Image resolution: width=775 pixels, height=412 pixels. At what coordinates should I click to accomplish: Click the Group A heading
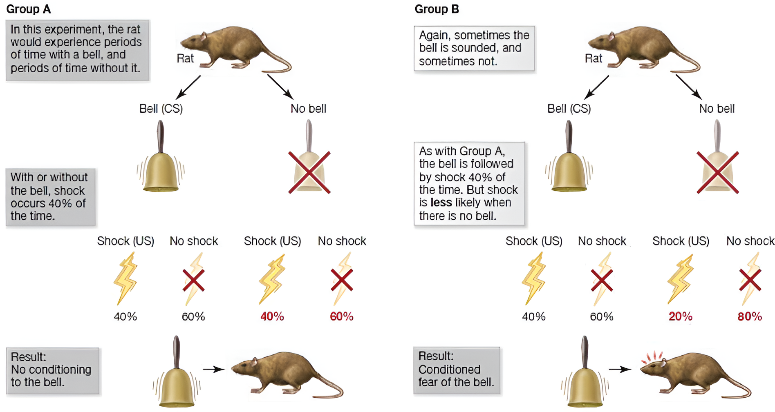coord(28,9)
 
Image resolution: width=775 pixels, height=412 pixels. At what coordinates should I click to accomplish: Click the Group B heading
coord(436,9)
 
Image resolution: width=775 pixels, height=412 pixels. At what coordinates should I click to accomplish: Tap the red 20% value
coord(680,316)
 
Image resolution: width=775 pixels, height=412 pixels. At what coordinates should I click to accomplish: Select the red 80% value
coord(749,316)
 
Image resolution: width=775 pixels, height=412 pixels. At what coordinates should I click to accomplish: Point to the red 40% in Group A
coord(272,316)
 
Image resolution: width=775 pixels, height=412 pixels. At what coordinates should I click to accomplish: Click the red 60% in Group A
coord(341,316)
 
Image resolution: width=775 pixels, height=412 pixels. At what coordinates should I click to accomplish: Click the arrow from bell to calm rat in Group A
coord(213,369)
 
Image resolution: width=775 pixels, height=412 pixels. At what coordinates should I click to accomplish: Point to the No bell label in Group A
coord(308,109)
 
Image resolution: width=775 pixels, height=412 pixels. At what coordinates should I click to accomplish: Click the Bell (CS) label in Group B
coord(569,109)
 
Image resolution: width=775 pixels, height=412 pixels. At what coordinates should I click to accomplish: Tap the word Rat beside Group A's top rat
coord(185,58)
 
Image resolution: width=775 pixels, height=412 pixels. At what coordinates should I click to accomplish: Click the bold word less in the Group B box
coord(441,203)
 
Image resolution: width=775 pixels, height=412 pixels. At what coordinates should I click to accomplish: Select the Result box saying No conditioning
coord(52,370)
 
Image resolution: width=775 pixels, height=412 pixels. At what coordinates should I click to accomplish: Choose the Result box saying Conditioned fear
coord(457,370)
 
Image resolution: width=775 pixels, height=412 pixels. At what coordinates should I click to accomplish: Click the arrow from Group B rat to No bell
coord(689,87)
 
